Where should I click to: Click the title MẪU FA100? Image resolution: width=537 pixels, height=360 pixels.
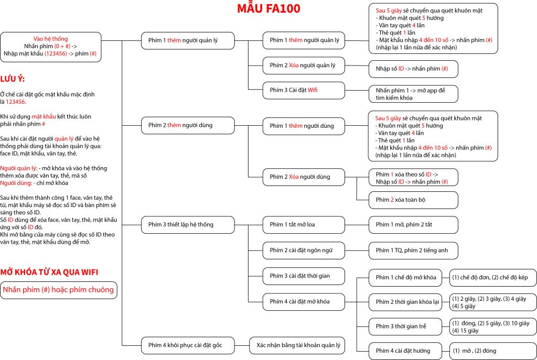pyautogui.click(x=269, y=9)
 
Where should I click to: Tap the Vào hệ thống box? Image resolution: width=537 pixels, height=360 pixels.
pyautogui.click(x=50, y=47)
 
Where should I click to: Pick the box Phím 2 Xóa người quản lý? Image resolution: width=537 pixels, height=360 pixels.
pyautogui.click(x=304, y=66)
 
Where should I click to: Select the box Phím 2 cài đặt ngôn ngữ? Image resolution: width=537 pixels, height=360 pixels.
pyautogui.click(x=304, y=250)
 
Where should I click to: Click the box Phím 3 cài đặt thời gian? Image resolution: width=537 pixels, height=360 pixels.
pyautogui.click(x=304, y=276)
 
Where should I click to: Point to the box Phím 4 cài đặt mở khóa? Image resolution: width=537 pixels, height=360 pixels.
pyautogui.click(x=304, y=301)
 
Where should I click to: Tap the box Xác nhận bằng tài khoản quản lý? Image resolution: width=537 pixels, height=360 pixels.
pyautogui.click(x=298, y=345)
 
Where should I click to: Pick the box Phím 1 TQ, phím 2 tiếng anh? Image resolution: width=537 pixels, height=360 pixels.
pyautogui.click(x=413, y=250)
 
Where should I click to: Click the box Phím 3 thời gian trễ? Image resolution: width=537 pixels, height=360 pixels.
pyautogui.click(x=402, y=326)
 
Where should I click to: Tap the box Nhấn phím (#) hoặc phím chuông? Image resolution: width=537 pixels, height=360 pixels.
pyautogui.click(x=58, y=290)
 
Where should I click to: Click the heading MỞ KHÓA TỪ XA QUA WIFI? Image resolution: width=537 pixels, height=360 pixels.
pyautogui.click(x=49, y=272)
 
